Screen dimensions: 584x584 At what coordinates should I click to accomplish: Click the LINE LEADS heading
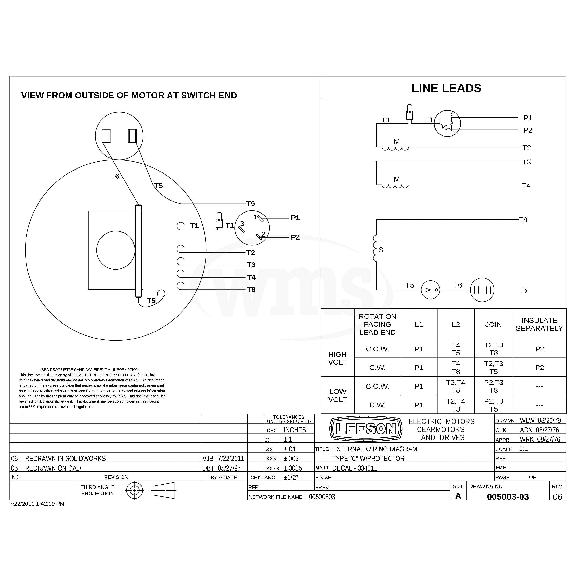point(446,88)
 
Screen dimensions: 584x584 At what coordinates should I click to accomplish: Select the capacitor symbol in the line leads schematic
point(482,290)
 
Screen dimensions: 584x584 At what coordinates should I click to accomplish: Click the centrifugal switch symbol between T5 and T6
point(430,290)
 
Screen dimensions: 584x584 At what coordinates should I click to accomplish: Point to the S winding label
point(381,250)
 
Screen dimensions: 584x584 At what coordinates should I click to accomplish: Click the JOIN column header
point(493,324)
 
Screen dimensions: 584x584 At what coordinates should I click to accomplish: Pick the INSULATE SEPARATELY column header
point(539,324)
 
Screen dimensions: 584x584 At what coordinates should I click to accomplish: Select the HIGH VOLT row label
point(338,358)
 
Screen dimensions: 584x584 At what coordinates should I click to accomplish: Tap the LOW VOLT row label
point(338,395)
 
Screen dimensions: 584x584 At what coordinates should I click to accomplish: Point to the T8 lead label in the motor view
point(251,290)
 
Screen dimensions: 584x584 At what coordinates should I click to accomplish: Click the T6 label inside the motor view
point(115,176)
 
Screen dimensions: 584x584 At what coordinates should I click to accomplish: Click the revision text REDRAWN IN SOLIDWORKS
point(65,459)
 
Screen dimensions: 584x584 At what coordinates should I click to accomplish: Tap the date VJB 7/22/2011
point(223,459)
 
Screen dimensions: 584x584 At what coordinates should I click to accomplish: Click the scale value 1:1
point(523,449)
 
